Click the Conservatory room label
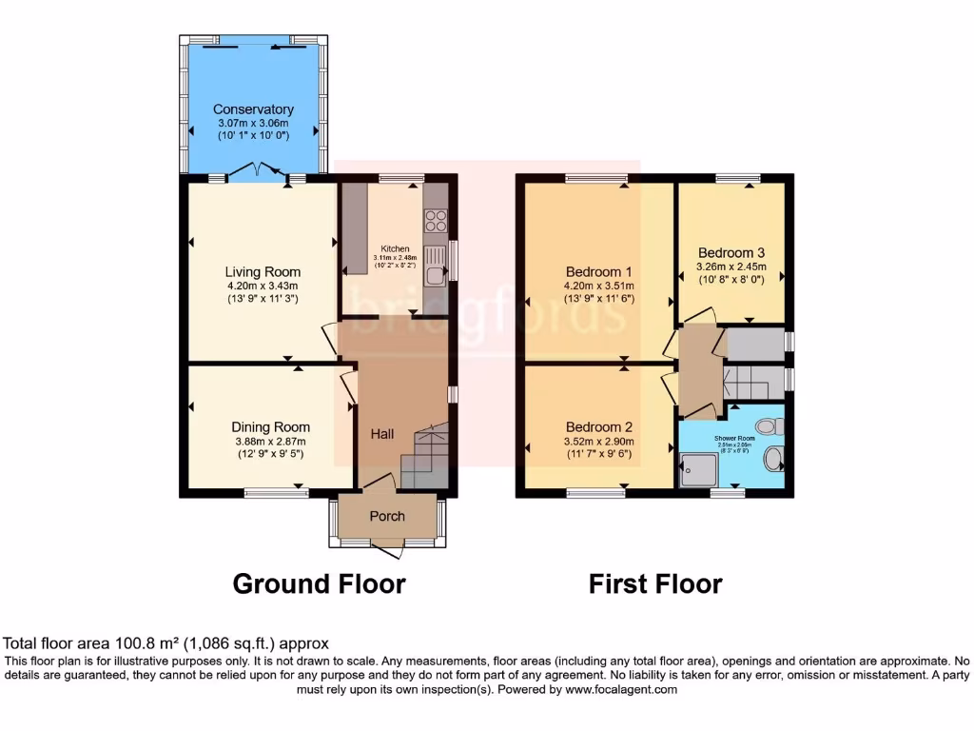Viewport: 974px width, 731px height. pos(252,109)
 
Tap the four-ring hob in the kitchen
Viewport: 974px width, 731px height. pos(436,220)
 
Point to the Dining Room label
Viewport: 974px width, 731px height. pos(270,427)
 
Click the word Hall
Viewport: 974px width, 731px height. pos(382,434)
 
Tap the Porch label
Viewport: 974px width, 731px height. pos(386,516)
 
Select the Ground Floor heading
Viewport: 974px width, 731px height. pos(319,583)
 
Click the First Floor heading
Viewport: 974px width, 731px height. pos(655,583)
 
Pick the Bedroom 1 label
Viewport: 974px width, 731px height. pos(599,271)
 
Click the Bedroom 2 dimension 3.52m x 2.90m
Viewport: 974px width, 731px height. pos(599,442)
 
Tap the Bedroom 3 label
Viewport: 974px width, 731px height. pos(731,253)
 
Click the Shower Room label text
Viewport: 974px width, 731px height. pos(732,439)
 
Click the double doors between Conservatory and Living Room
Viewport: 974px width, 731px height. pos(257,172)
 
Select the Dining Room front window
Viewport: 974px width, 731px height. pos(276,492)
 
